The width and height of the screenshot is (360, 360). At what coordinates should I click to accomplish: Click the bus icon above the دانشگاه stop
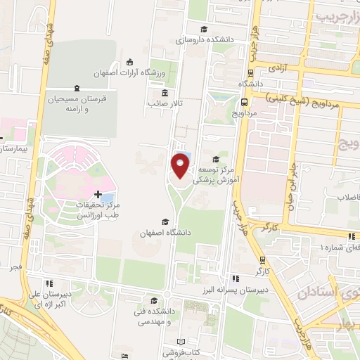(252, 72)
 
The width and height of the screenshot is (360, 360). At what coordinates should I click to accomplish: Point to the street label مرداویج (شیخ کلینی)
(314, 101)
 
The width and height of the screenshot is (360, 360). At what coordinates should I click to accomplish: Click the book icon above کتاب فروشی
(180, 340)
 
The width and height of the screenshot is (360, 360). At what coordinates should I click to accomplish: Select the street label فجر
(15, 268)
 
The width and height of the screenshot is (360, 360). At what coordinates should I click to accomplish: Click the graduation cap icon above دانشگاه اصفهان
(165, 221)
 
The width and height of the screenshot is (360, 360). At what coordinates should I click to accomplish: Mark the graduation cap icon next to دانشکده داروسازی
(204, 30)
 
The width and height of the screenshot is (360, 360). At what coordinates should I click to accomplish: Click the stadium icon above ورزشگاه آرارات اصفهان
(129, 61)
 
